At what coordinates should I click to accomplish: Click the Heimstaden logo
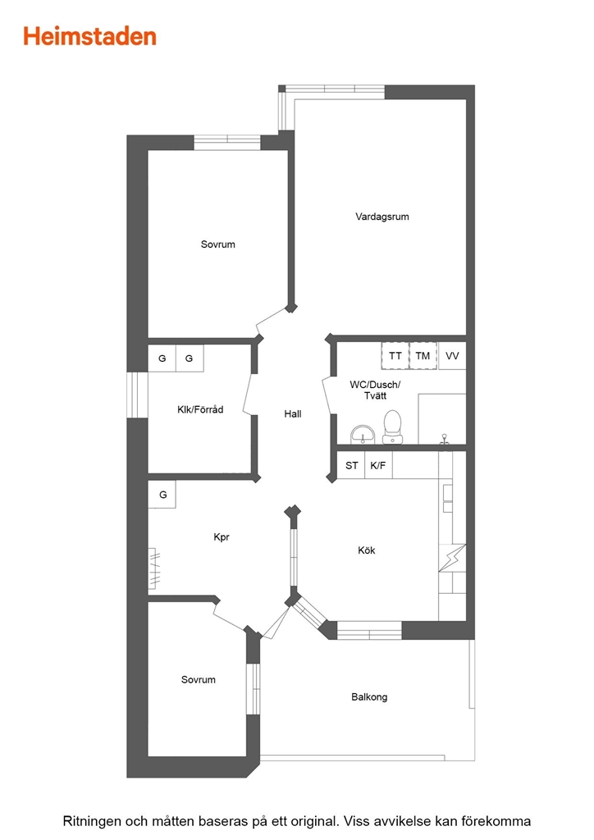point(89,36)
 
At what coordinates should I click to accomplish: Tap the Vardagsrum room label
point(382,217)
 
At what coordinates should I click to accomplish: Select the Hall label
point(292,413)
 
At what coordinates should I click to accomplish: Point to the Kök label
point(367,550)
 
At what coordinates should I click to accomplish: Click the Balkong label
point(369,697)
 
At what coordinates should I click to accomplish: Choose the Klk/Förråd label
point(200,409)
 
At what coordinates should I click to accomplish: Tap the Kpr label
point(222,536)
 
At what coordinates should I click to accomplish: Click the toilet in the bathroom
point(393,427)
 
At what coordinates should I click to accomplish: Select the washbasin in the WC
point(363,435)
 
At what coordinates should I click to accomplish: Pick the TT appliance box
point(395,356)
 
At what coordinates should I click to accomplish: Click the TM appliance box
point(423,356)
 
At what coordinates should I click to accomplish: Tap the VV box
point(452,356)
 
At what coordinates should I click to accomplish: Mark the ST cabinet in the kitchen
point(351,465)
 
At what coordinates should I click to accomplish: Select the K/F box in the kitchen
point(378,465)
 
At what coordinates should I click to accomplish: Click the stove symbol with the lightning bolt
point(452,558)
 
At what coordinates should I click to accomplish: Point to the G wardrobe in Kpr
point(162,495)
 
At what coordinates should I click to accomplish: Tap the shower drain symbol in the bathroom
point(444,440)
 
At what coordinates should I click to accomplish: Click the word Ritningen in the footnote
point(92,820)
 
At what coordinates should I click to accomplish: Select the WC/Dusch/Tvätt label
point(375,390)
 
